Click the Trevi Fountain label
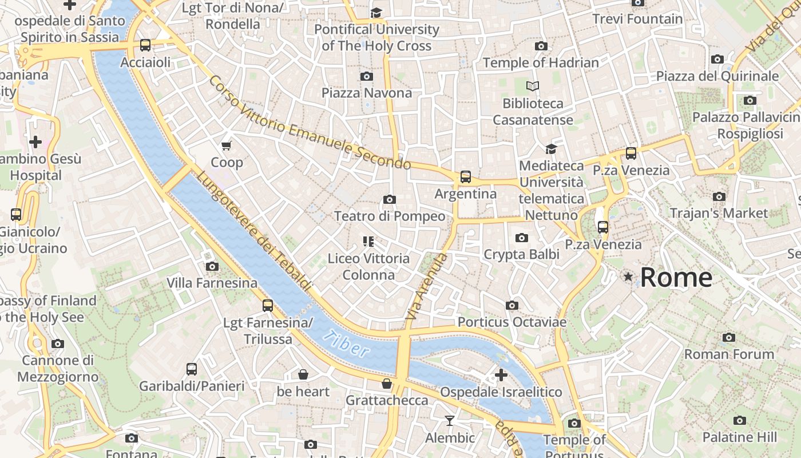tap(637, 19)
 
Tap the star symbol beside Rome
tap(628, 277)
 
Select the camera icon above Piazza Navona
tap(367, 76)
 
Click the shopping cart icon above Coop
tap(227, 145)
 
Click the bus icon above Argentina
tap(466, 177)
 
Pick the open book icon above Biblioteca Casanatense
tap(533, 86)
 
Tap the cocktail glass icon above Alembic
tap(450, 421)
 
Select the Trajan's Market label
tap(719, 213)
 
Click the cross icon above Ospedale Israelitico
tap(501, 376)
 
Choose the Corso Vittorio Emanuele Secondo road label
tap(309, 123)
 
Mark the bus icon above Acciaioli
tap(145, 45)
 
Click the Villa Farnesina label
tap(212, 283)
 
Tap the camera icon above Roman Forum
tap(729, 337)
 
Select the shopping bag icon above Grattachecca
tap(387, 383)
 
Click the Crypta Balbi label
tap(521, 254)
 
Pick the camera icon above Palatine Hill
tap(740, 421)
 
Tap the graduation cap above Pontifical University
tap(376, 13)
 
